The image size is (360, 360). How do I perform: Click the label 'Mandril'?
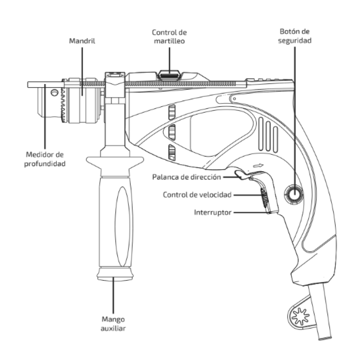tap(82, 40)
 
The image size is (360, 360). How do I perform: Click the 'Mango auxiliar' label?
tap(114, 322)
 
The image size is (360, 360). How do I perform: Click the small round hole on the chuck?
tap(54, 93)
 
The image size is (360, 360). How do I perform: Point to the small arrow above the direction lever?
tap(257, 167)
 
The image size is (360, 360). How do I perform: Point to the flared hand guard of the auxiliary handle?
tap(114, 162)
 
